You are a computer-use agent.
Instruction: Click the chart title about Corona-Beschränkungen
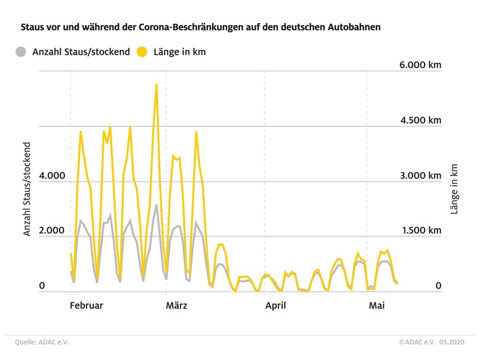pos(200,28)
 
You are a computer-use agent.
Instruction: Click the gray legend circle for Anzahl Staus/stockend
pos(22,51)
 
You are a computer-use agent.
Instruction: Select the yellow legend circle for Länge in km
pos(143,51)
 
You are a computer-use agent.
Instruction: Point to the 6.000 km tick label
pos(419,65)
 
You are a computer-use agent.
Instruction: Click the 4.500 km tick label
pos(419,120)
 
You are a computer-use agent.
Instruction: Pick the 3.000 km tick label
pos(419,176)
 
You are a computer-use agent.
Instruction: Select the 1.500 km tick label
pos(419,231)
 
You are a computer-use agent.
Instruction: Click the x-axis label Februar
pos(87,306)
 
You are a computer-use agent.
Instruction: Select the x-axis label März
pos(176,306)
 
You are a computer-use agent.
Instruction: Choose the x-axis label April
pos(275,306)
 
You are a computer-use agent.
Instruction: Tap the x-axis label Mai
pos(377,306)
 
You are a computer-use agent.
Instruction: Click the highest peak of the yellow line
pos(156,85)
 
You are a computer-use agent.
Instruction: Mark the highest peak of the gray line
pos(156,205)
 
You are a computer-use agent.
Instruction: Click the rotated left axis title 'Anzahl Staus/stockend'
pos(28,188)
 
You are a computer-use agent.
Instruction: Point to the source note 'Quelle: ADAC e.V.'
pos(42,342)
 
